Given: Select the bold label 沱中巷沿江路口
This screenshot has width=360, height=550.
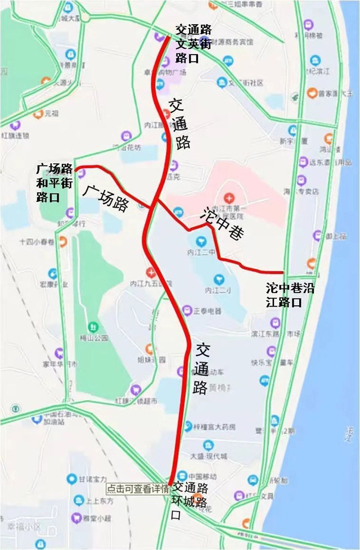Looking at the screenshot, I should click(291, 295).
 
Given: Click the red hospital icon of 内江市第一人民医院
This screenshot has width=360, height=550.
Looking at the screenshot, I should click(229, 197).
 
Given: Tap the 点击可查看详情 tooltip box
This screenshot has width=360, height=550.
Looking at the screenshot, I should click(137, 489).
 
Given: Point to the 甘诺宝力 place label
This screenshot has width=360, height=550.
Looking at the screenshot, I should click(92, 479).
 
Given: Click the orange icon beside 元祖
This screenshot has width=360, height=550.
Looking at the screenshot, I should click(38, 114).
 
